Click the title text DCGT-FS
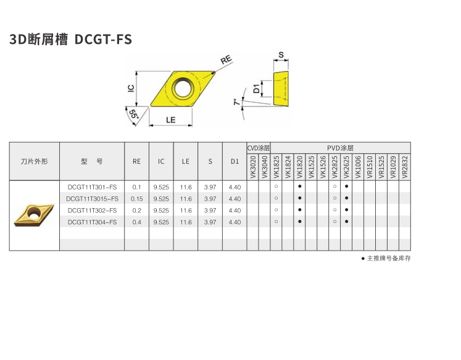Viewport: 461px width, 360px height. tap(103, 40)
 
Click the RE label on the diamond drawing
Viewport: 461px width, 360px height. tap(226, 60)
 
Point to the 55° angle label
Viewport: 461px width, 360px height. tap(133, 114)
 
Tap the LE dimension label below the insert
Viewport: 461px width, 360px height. tap(170, 120)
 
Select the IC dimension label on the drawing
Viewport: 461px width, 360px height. tap(131, 88)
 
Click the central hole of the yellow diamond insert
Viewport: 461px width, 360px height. tap(183, 88)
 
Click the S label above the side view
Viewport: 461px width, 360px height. tap(281, 55)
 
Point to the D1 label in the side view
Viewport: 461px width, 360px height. tap(256, 88)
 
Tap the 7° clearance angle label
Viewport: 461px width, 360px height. tap(237, 102)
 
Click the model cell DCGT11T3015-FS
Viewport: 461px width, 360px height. tap(92, 199)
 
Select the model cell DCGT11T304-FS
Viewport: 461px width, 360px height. tap(92, 222)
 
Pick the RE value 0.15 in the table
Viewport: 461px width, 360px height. tap(137, 199)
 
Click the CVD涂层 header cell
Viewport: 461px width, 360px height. tap(259, 148)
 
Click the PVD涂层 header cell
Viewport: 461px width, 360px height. tap(341, 148)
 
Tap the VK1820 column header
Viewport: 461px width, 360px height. tap(299, 167)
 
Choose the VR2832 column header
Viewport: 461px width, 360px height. tap(405, 167)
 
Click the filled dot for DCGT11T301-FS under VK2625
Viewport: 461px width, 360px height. tap(347, 186)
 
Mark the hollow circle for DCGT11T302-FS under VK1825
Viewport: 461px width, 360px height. tap(276, 210)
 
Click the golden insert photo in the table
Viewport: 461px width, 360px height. tap(34, 216)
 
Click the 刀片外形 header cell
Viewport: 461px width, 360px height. tap(35, 161)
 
